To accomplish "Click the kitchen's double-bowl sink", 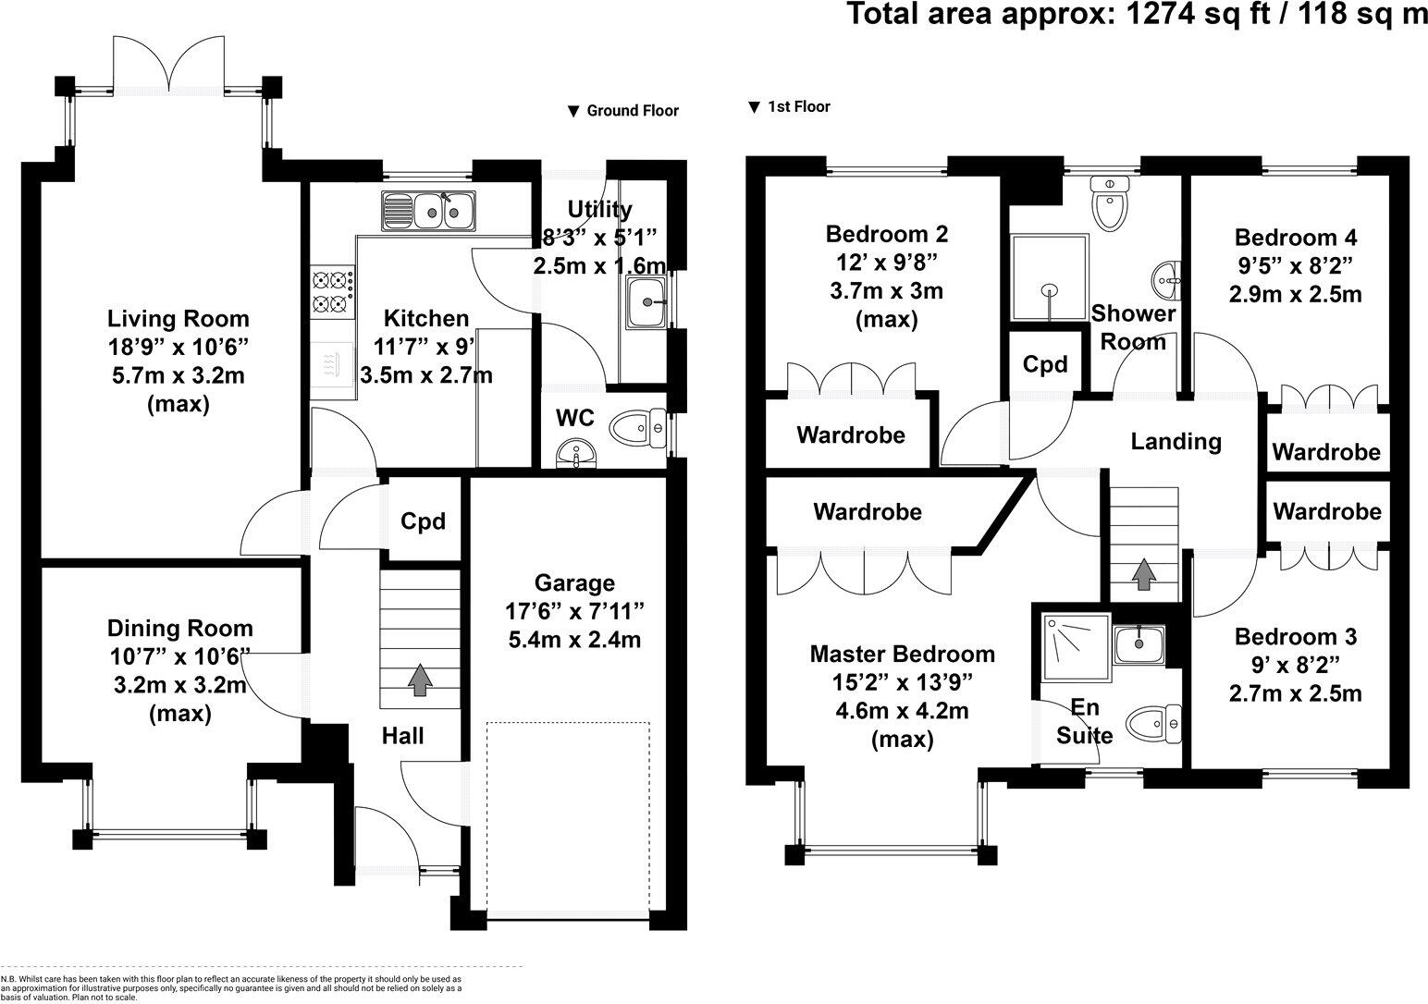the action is [428, 210].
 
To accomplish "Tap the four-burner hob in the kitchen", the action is [332, 292].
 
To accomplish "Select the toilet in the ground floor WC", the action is [637, 428].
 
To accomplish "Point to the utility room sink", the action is [646, 302].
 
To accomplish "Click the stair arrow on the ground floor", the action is [420, 680].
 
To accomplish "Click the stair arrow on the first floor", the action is [1144, 573].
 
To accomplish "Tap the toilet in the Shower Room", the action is [1110, 202].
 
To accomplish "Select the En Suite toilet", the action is [1153, 724].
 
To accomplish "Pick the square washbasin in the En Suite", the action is [1139, 645].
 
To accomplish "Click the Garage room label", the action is [574, 583].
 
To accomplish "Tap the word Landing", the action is [1176, 442].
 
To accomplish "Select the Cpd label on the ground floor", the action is [423, 521].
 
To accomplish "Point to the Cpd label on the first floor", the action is [1045, 363].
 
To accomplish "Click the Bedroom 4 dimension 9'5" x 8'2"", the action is [1296, 265].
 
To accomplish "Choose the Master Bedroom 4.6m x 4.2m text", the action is [902, 711].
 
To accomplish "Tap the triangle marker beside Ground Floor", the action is [573, 112].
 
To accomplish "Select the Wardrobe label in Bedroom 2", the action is [851, 435].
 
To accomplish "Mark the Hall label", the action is [402, 736].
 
